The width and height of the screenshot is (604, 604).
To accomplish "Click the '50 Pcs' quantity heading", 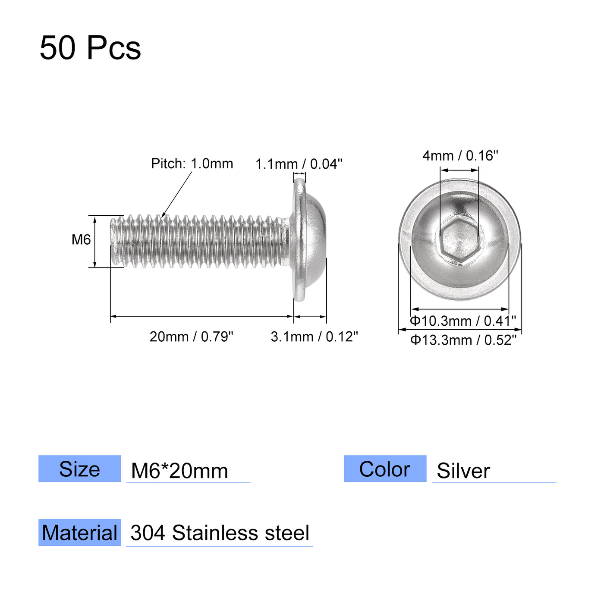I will point(90,47).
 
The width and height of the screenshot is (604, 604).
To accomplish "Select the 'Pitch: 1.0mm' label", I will point(192,164).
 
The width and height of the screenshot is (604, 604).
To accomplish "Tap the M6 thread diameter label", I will point(81,239).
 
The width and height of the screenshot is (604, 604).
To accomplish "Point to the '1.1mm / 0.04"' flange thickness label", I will point(299,164).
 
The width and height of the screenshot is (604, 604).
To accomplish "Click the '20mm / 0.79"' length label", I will point(191,337).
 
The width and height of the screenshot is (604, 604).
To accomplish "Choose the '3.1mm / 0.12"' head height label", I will point(314,337).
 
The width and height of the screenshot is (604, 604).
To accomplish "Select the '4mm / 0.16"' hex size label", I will point(460,155).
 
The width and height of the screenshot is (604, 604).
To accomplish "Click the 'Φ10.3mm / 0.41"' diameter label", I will point(462,321).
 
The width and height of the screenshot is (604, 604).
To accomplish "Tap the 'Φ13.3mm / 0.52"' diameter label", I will point(463,340).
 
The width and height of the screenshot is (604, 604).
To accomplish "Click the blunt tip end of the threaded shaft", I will point(114,242).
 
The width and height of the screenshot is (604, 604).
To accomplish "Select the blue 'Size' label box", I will point(80,469).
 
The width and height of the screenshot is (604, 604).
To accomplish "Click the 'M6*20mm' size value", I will point(179,471).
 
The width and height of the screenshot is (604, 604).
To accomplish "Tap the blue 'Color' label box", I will point(385,469).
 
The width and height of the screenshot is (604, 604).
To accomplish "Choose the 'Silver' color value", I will point(463,471).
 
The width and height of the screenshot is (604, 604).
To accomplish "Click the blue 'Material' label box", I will point(80,533).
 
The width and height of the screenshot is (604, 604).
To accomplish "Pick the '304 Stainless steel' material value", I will point(220,533).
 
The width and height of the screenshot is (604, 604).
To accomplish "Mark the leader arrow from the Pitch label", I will point(177,194).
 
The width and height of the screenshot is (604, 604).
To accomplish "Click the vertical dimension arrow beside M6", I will point(95,242).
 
